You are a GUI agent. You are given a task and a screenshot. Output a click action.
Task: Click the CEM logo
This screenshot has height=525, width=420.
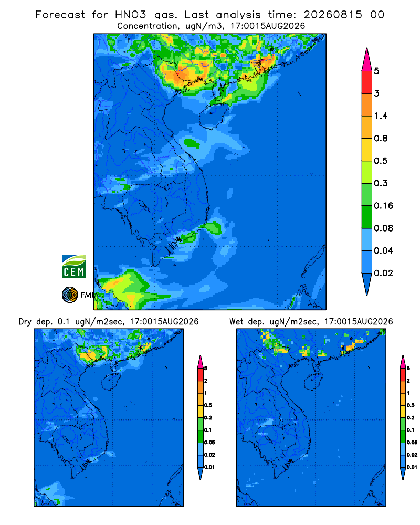pos(73,266)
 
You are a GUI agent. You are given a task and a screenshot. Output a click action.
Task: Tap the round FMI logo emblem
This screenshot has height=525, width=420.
pos(70,295)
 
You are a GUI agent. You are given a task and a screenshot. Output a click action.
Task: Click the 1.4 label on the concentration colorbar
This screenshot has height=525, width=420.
pos(381,116)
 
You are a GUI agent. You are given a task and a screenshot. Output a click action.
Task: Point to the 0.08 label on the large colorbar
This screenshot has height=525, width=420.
pos(383,228)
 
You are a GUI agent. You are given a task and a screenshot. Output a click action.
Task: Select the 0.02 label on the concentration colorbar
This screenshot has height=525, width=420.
pos(383,273)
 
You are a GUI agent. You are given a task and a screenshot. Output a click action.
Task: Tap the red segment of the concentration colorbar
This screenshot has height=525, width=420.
pos(367,82)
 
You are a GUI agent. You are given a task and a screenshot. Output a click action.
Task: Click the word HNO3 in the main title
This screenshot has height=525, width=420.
pos(131,15)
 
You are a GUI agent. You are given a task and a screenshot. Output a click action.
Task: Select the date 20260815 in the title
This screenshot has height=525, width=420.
pos(333,15)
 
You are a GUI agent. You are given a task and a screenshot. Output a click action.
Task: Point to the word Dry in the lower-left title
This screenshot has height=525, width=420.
pos(25,322)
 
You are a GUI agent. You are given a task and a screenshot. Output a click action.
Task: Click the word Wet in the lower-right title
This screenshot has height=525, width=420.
pos(236,322)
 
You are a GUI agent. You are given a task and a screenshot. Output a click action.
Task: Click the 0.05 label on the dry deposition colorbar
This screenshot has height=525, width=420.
pos(209,442)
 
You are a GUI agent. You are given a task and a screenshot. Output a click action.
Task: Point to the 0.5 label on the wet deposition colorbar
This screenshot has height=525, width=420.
pos(410,405)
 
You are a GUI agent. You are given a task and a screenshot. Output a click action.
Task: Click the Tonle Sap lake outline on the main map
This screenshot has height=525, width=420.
pos(144,206)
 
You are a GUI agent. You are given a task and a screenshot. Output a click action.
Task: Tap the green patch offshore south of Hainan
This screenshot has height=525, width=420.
pos(192,143)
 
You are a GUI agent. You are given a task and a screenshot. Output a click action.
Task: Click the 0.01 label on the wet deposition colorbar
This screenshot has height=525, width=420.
pos(412,467)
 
